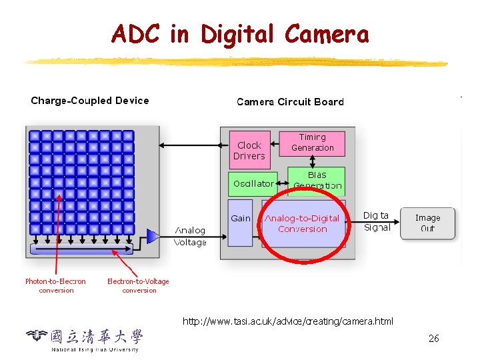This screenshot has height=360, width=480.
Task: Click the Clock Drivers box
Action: pos(249,151)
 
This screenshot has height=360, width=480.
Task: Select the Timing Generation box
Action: pos(312,143)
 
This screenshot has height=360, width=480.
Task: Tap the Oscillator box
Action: pos(253,183)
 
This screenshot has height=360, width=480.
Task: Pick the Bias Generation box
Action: pos(317,181)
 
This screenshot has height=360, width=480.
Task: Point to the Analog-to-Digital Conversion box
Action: pos(303,224)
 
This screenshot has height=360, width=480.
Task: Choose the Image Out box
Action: pos(427,223)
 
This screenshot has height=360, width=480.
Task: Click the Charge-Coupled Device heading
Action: pos(90,101)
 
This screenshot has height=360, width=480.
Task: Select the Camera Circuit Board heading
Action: pos(290,102)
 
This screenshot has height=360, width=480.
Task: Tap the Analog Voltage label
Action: pos(190,237)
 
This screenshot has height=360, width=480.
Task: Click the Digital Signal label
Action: pos(377,221)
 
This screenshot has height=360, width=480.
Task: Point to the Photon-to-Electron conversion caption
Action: pos(56,286)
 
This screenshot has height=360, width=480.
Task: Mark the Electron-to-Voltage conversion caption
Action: pos(139,286)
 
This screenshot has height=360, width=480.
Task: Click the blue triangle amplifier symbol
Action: pos(153,236)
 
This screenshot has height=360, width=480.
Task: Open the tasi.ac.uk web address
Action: pos(288,321)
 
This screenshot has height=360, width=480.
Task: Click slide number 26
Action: pos(434,339)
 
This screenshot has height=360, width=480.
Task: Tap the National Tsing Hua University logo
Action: pos(85,339)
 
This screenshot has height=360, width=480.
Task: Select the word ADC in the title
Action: pos(135,33)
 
